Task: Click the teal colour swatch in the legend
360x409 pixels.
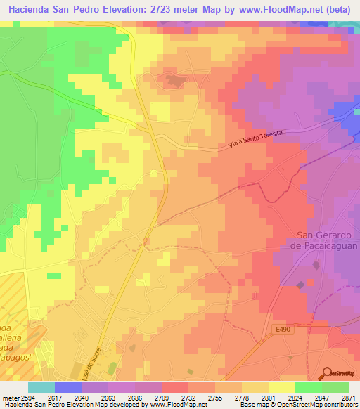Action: pyautogui.click(x=41, y=387)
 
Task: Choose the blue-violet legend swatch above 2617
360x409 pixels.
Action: pyautogui.click(x=67, y=387)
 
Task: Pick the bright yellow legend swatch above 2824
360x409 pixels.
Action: pyautogui.click(x=281, y=387)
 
